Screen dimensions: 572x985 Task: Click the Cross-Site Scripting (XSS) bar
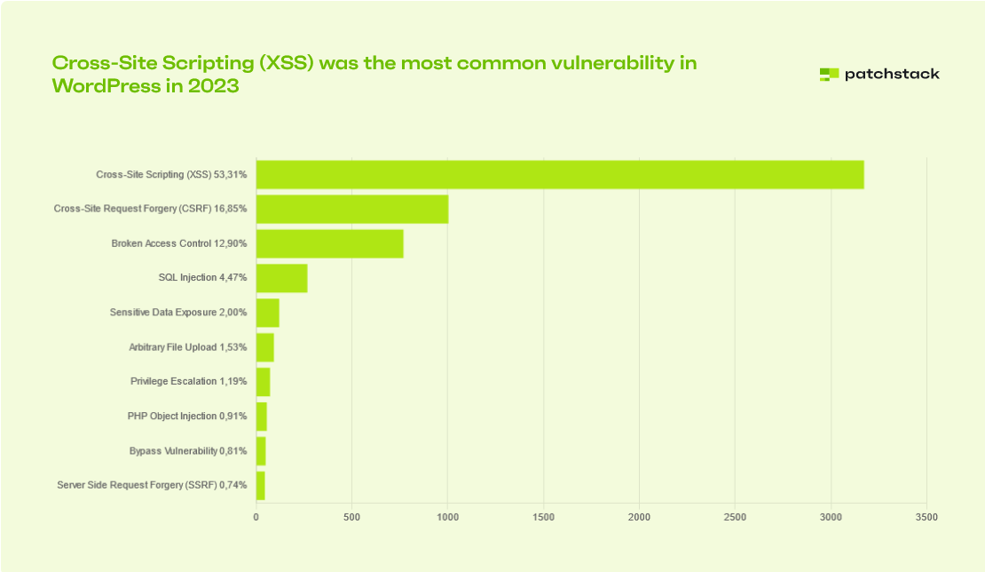click(x=560, y=175)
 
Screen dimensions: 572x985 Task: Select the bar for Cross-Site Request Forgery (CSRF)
click(x=352, y=210)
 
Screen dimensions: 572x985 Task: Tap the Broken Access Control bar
click(x=330, y=244)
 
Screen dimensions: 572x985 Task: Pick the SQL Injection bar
click(x=282, y=278)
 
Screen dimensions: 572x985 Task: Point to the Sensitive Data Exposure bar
click(x=268, y=313)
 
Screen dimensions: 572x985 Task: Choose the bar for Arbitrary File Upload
click(x=265, y=347)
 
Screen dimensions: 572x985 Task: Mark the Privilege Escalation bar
click(x=264, y=382)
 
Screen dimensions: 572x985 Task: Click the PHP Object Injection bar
click(x=262, y=417)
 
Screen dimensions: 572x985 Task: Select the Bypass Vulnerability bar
click(x=261, y=451)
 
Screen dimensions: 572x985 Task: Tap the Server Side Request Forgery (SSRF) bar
click(x=261, y=486)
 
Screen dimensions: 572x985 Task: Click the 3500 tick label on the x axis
click(x=926, y=517)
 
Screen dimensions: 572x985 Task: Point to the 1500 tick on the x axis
click(x=543, y=517)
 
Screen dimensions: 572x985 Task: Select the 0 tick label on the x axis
click(x=256, y=517)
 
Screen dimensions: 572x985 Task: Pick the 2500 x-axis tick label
click(x=735, y=517)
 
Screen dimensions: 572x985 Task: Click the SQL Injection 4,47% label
click(x=202, y=278)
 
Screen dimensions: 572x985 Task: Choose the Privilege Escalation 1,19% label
click(x=189, y=382)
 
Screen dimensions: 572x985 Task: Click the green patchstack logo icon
click(x=829, y=75)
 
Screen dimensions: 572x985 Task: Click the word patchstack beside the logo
click(x=891, y=75)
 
